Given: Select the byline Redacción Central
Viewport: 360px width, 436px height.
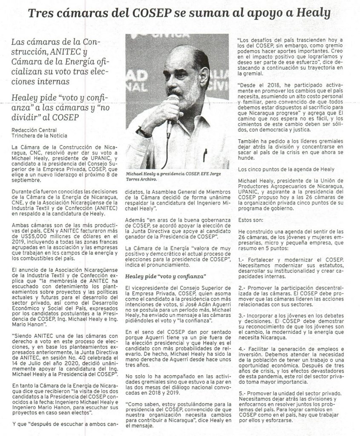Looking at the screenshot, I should (x=34, y=129).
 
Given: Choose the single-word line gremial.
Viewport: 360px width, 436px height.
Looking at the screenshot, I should (x=248, y=73).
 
